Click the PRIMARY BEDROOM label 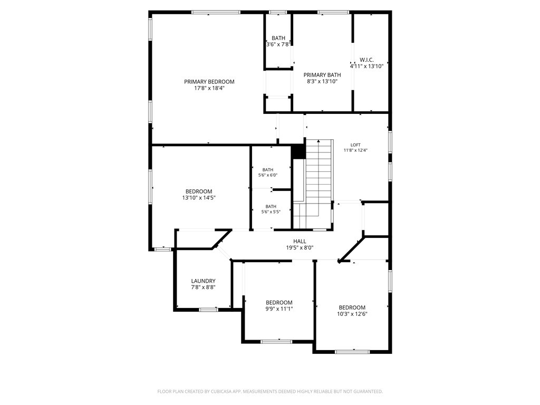209,82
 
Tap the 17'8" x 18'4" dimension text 209,88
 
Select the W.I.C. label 367,60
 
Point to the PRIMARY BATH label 322,75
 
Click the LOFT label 355,145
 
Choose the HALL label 300,242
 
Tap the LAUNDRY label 203,281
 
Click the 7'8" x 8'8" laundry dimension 203,287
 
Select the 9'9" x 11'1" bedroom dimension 279,309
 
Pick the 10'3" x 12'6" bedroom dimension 352,314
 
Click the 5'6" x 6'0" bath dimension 268,175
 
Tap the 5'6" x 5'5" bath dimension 271,212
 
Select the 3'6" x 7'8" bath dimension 278,44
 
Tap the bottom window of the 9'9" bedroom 276,342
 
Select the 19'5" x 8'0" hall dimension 300,248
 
